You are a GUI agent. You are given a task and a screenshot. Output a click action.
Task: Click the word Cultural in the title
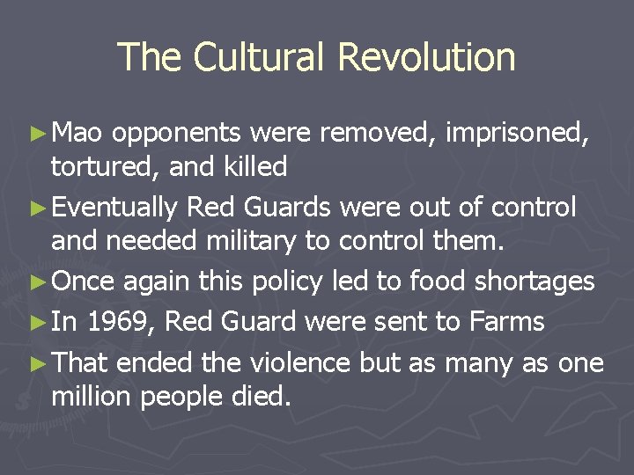click(261, 58)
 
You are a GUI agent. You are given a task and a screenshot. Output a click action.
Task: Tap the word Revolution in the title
click(426, 58)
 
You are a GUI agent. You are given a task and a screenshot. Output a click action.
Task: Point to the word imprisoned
click(516, 135)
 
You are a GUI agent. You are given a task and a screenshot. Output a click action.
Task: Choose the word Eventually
click(115, 208)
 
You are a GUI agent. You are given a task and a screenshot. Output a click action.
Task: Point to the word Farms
click(506, 321)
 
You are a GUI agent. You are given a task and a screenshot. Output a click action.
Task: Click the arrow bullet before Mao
click(36, 134)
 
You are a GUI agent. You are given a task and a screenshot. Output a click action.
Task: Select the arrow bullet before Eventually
click(36, 208)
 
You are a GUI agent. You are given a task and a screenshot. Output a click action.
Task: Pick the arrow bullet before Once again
click(36, 282)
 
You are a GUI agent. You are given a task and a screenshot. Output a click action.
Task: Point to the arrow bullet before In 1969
click(36, 322)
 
